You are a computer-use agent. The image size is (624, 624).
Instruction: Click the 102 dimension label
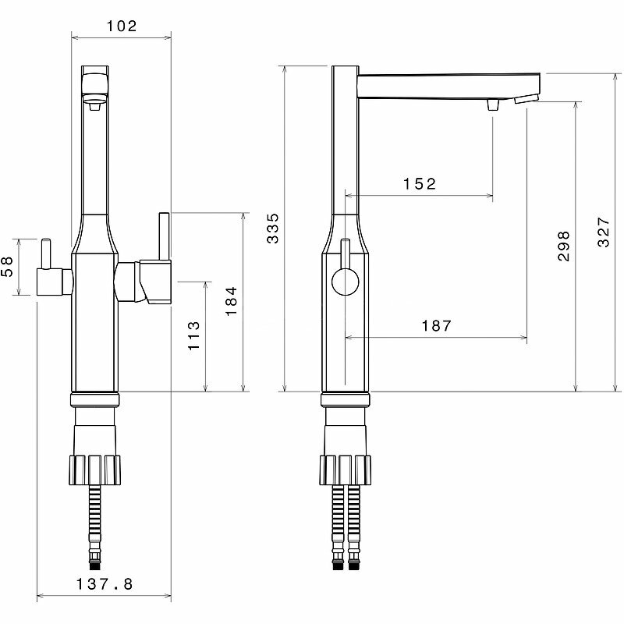pos(121,25)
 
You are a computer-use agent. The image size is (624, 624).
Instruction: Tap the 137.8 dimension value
pos(105,583)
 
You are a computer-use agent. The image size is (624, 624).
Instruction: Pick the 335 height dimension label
pos(273,228)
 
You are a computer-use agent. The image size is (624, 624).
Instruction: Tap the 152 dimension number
pos(419,184)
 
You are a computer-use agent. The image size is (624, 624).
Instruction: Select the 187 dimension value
pos(435,326)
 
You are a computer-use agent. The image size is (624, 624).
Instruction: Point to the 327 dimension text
pos(604,232)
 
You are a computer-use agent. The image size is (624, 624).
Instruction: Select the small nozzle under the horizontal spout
pos(492,105)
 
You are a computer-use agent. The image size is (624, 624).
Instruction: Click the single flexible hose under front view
pos(95,526)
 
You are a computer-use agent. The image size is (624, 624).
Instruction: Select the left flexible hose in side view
pos(338,526)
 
